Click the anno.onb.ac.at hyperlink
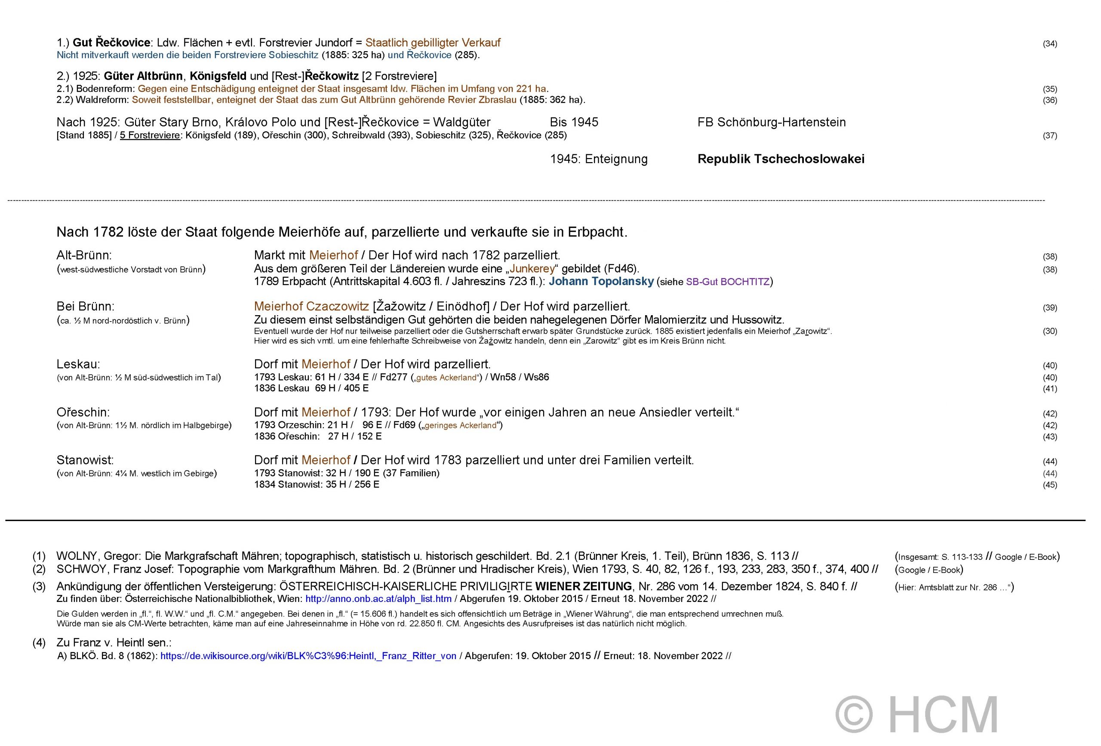point(378,599)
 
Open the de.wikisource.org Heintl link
point(308,656)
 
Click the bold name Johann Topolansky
point(601,281)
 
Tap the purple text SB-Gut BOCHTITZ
point(728,282)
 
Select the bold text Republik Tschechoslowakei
point(781,159)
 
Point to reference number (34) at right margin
point(1049,43)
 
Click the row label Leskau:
point(78,364)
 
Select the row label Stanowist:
point(85,460)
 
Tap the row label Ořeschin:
point(83,412)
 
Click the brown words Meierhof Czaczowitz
point(311,307)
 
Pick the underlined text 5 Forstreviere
point(150,135)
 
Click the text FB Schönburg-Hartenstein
point(771,122)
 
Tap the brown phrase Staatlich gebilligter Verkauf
point(433,43)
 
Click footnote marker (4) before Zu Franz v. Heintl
point(39,643)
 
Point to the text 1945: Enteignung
point(598,159)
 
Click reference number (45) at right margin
point(1049,485)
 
